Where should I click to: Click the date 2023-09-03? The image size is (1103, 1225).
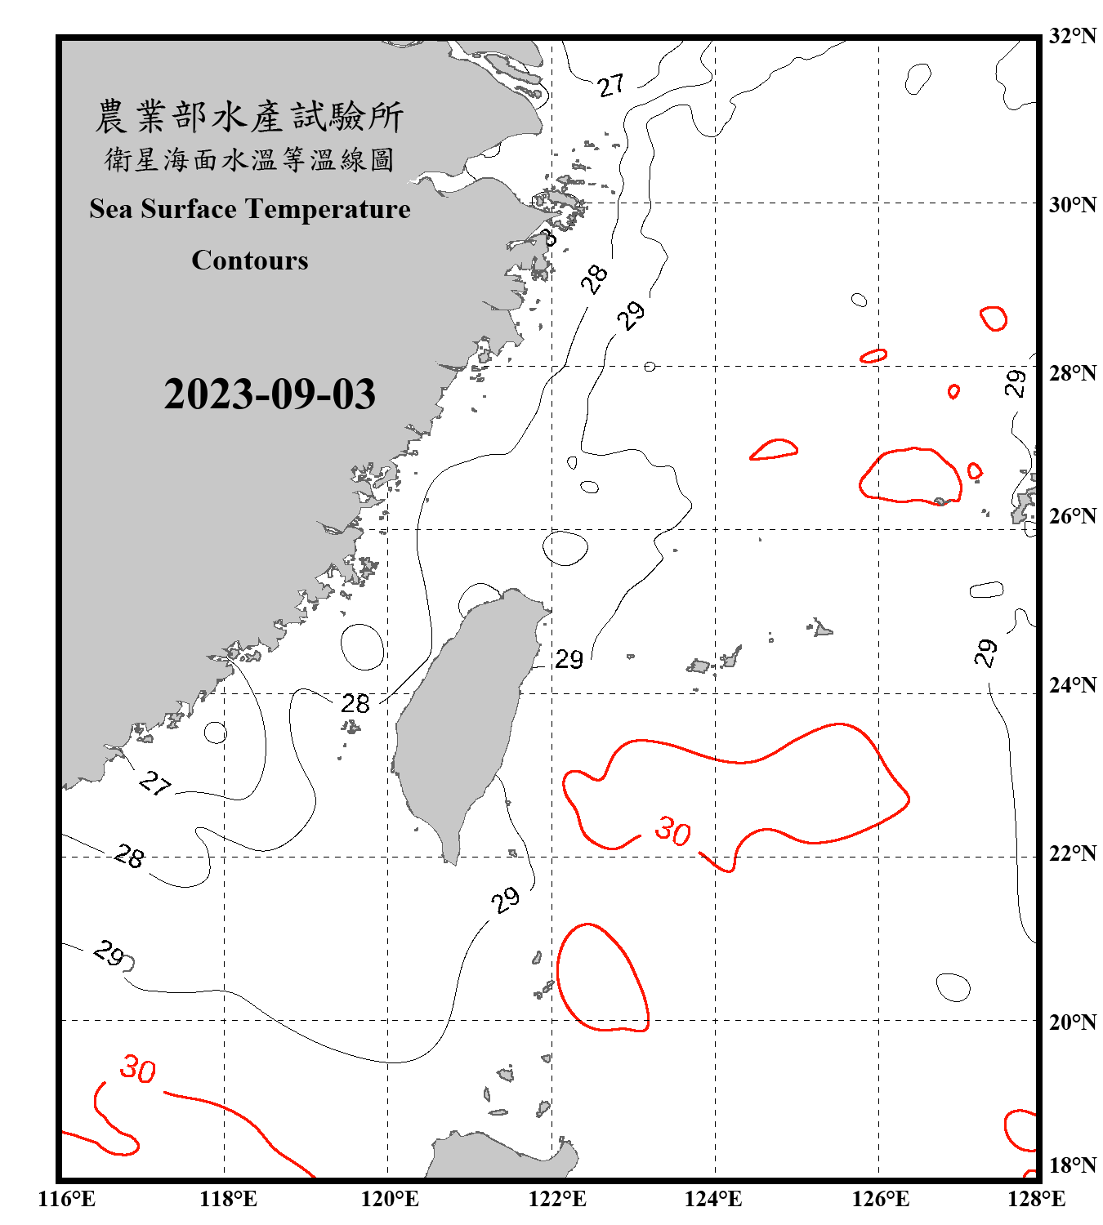(270, 394)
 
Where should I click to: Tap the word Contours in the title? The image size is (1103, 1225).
(250, 261)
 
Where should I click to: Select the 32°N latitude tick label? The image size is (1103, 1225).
(1072, 36)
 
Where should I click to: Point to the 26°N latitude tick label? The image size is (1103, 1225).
(1072, 516)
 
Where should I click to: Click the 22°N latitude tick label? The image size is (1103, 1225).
(1072, 853)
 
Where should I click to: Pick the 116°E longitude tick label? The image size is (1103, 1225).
(66, 1199)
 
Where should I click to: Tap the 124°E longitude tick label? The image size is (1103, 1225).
(713, 1199)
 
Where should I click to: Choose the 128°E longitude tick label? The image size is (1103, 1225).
(1036, 1199)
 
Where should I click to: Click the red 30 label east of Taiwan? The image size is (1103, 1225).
(673, 831)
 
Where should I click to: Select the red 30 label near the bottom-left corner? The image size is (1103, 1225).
(138, 1069)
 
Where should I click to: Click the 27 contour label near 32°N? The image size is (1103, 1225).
(610, 85)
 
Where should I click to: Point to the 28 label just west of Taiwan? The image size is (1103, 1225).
(355, 703)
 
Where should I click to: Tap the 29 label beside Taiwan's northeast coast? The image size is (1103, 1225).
(569, 659)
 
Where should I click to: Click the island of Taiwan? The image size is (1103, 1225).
(466, 719)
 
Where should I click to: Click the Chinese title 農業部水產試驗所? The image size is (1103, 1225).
(249, 117)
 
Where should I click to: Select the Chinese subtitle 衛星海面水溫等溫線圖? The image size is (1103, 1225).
(249, 160)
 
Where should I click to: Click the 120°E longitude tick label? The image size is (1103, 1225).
(390, 1199)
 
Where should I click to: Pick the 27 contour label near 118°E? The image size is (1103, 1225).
(154, 784)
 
